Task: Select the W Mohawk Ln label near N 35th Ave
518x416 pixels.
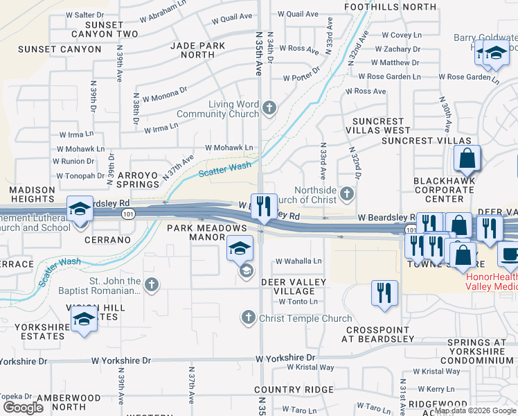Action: click(229, 148)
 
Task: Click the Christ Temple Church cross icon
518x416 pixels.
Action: click(249, 318)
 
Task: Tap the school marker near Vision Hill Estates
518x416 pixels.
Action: click(84, 320)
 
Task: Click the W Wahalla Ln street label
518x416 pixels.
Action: click(299, 261)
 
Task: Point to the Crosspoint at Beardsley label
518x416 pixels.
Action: click(378, 334)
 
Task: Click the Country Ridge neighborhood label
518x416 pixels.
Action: click(294, 390)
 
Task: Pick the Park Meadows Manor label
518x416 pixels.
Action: click(208, 232)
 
